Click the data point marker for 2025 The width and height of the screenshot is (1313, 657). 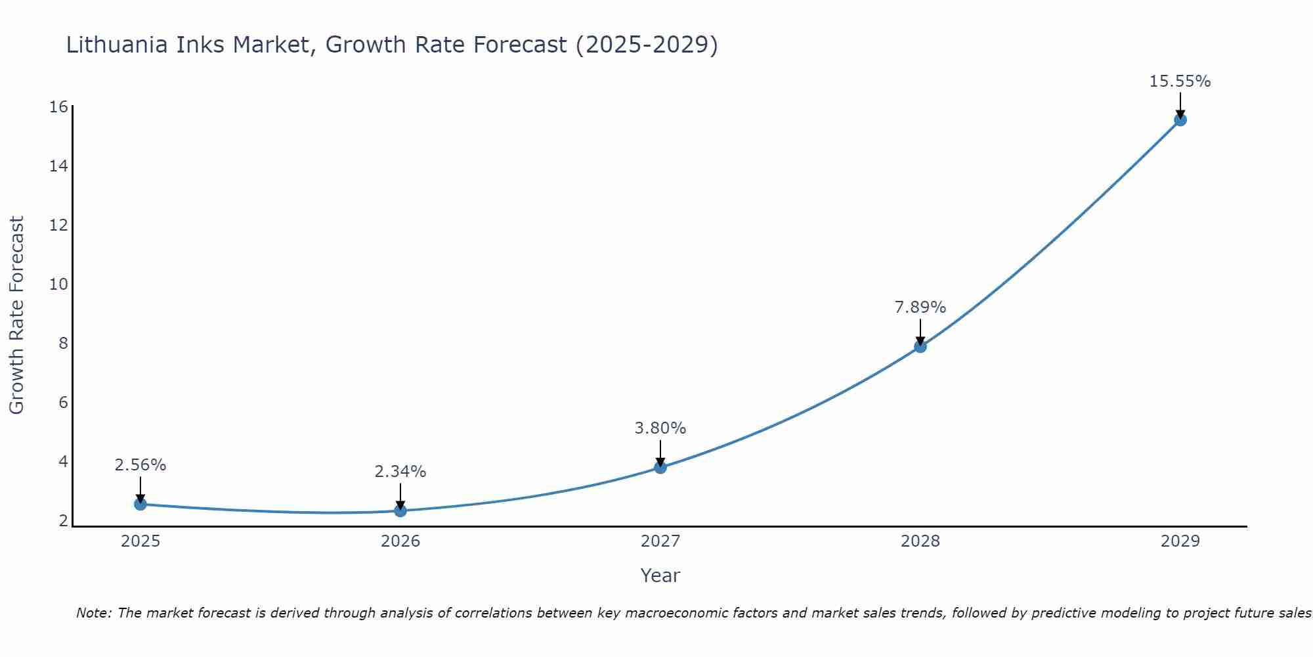[140, 504]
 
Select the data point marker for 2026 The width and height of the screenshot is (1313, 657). [400, 510]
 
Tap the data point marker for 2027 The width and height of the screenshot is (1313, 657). [660, 467]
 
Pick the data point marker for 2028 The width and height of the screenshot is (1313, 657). [920, 346]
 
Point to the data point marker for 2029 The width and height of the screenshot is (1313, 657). [1180, 120]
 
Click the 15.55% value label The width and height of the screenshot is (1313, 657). [1180, 81]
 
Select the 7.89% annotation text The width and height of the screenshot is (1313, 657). [920, 307]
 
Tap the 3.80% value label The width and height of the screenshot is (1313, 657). [660, 428]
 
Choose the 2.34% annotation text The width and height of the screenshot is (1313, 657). [400, 472]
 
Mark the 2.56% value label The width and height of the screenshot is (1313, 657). [140, 465]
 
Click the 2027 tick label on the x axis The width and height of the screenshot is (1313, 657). [660, 541]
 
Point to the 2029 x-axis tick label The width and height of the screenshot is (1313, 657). [1180, 541]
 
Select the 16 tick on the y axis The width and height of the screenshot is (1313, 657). [59, 106]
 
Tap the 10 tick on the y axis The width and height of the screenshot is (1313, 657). [59, 284]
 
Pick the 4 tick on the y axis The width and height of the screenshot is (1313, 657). [63, 461]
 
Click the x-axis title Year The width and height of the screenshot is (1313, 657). [660, 576]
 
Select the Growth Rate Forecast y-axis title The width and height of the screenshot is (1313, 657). [16, 315]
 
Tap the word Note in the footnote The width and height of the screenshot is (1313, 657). [93, 613]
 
